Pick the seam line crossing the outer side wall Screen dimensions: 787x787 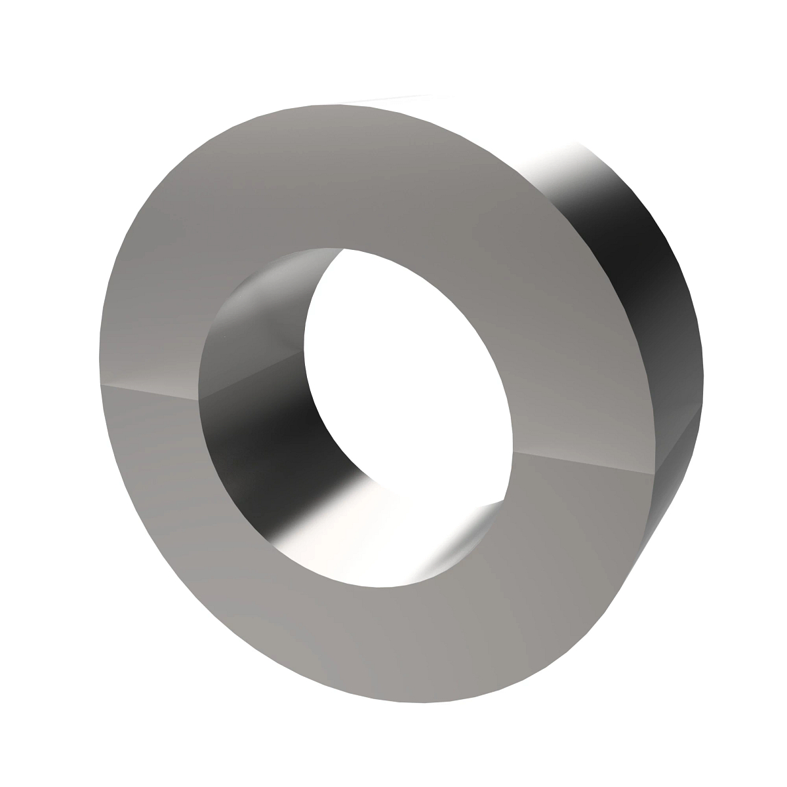679,453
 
